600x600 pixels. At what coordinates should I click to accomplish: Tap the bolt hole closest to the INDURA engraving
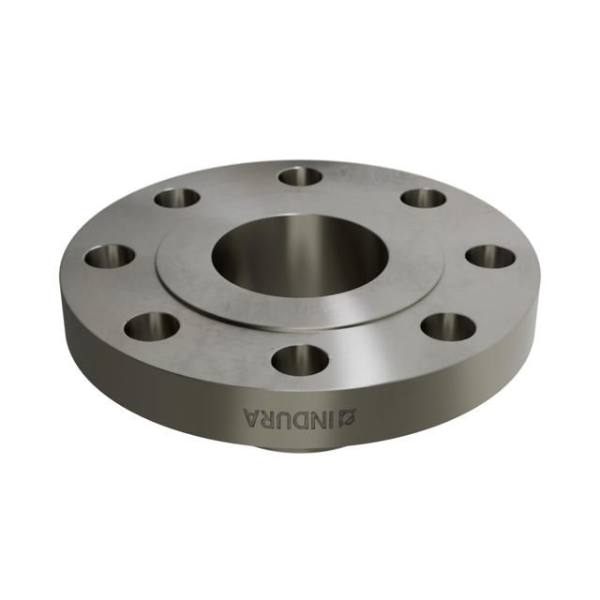(x=300, y=359)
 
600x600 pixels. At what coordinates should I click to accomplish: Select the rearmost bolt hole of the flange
(x=300, y=175)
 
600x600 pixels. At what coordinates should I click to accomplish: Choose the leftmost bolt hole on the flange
(x=110, y=255)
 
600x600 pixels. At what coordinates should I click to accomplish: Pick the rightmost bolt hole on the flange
(x=490, y=256)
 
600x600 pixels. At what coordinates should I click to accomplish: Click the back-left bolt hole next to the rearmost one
(x=177, y=198)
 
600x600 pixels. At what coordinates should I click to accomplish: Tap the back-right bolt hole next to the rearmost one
(x=423, y=198)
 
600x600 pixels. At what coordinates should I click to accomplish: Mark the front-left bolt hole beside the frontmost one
(x=151, y=325)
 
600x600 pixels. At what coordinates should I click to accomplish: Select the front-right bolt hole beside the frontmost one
(x=448, y=326)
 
